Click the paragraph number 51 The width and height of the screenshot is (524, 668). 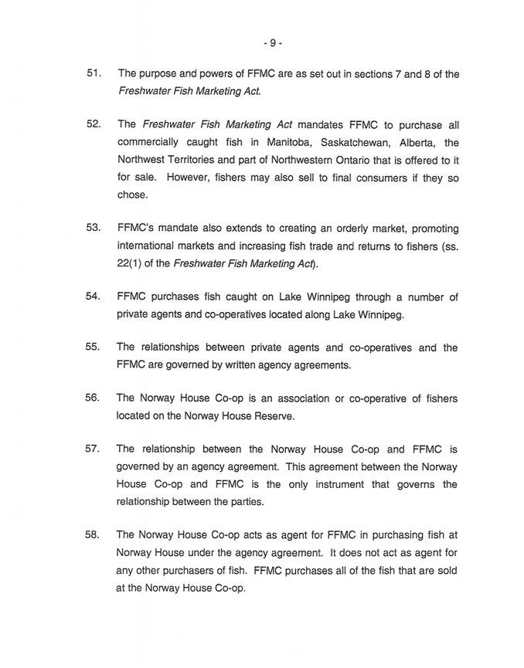click(x=94, y=74)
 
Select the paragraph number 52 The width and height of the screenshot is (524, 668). click(x=94, y=125)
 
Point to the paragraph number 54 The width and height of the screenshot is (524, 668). click(x=94, y=297)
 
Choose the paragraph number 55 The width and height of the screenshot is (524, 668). click(x=94, y=348)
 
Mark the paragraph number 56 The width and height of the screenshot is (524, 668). click(x=94, y=398)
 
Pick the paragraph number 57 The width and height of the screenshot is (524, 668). click(x=94, y=449)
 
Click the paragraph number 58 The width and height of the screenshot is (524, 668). click(x=94, y=534)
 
